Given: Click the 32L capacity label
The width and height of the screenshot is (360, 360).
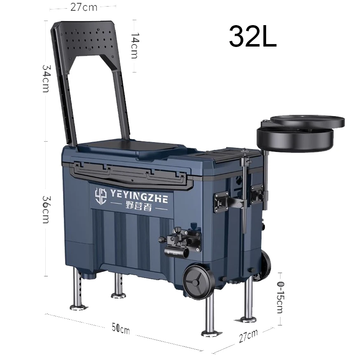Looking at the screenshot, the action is tap(252, 36).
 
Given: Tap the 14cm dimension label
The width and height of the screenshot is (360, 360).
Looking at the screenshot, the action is tap(135, 45).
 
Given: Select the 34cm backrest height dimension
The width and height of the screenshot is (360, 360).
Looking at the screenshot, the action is tap(46, 78).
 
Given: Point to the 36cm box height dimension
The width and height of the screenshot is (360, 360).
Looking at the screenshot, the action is tap(46, 209).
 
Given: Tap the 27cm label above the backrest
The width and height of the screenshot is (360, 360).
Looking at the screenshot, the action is tap(84, 7).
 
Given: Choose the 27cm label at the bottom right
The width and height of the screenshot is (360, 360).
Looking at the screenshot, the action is tap(248, 336).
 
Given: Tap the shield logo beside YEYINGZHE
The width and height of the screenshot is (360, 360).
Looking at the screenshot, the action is tap(101, 196).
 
